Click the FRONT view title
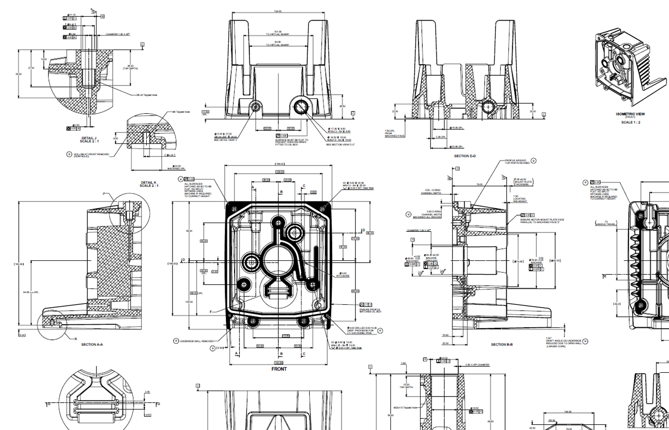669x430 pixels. pos(279,369)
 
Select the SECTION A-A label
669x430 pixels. pos(92,344)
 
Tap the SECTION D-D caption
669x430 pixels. pos(464,156)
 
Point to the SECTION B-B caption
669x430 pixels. pos(502,344)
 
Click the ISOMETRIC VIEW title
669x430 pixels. pos(630,114)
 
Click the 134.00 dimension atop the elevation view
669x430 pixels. pos(278,11)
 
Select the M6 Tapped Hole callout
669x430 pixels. pos(181,112)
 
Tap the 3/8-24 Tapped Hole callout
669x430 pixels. pos(147,95)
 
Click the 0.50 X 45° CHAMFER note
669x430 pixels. pos(477,365)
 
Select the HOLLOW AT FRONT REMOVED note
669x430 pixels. pos(91,155)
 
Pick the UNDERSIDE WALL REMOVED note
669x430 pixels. pos(197,341)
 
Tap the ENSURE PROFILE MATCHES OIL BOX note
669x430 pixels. pos(370,311)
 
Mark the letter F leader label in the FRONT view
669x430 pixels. pos(211,312)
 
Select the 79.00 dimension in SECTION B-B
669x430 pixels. pos(479,184)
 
